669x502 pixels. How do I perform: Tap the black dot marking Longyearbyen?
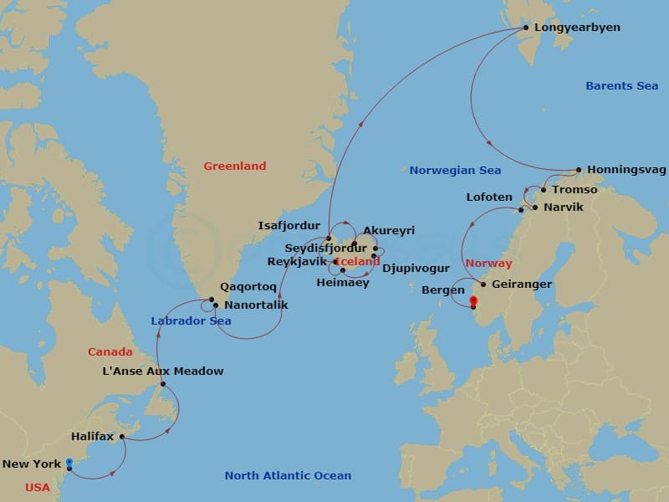pos(526,28)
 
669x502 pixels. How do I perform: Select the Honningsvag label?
pos(627,170)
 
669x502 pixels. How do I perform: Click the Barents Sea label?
pos(621,86)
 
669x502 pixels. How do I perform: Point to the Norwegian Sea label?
pos(455,171)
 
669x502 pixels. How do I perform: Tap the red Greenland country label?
pos(235,166)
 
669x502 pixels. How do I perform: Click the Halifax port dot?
pos(122,437)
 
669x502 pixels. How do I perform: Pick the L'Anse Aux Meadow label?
pos(163,371)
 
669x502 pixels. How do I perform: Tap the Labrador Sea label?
pos(192,321)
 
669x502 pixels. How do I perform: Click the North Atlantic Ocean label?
pos(288,476)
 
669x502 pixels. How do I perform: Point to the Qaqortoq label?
pos(248,286)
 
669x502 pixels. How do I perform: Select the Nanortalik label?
pos(257,305)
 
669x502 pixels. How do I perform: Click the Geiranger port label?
pos(522,284)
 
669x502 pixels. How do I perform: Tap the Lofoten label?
pos(489,197)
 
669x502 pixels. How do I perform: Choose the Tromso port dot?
pos(544,190)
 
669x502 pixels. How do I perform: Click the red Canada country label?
pos(110,352)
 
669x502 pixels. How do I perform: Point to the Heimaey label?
pos(343,283)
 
